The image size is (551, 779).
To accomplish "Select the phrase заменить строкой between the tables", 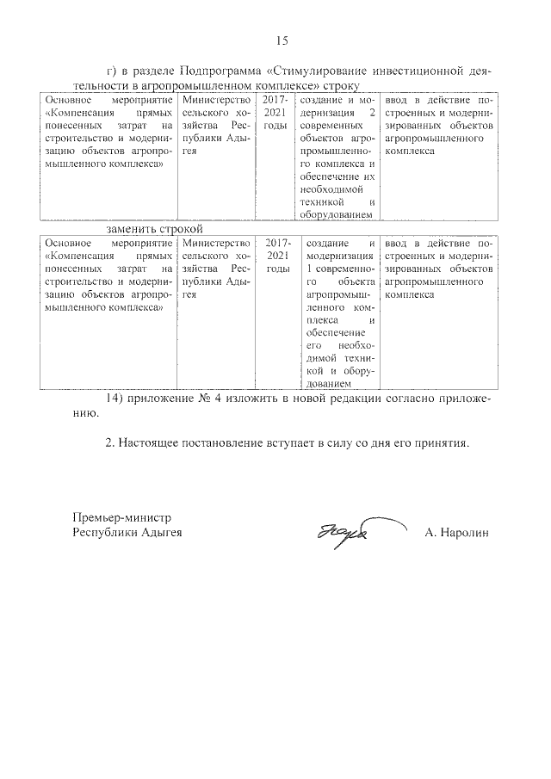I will click(x=154, y=230).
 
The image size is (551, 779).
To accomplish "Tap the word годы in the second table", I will click(x=275, y=269).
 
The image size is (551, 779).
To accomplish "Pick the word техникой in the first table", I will click(x=316, y=201).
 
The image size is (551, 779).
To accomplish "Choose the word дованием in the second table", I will click(x=329, y=383).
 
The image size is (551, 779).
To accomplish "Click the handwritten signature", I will click(x=341, y=532).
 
